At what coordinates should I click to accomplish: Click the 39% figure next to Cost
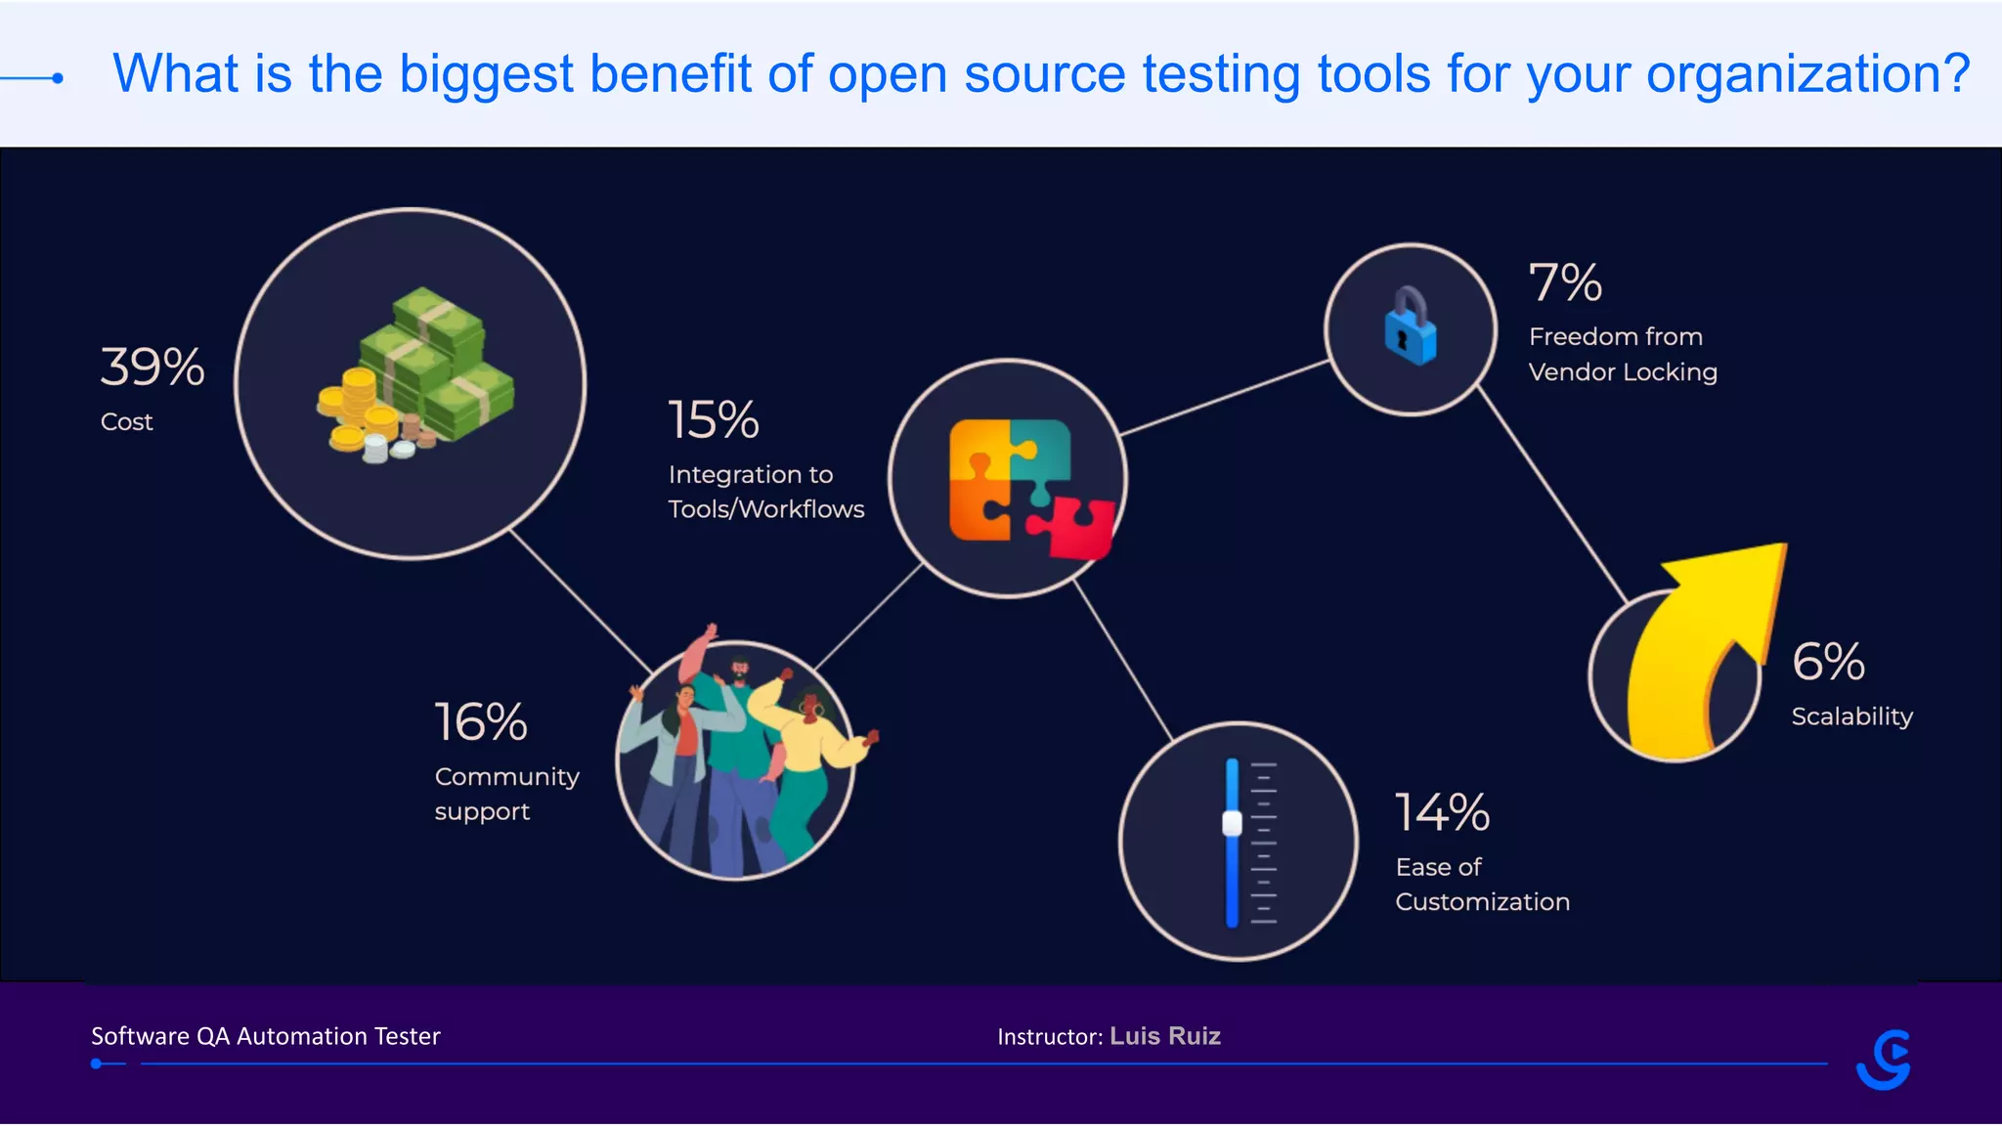(x=152, y=368)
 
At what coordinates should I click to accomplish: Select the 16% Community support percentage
(x=481, y=722)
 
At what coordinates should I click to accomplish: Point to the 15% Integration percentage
(x=714, y=420)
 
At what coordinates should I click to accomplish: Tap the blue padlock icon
(x=1410, y=326)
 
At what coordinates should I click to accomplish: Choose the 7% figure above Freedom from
(x=1565, y=282)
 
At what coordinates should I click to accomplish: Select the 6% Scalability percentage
(x=1828, y=662)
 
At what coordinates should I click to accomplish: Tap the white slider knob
(x=1232, y=824)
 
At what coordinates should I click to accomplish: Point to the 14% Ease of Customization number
(x=1442, y=813)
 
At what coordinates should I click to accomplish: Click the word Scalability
(x=1851, y=716)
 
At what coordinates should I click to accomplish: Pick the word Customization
(x=1482, y=901)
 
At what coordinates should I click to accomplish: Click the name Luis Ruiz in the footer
(x=1165, y=1036)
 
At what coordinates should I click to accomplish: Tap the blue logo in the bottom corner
(x=1884, y=1060)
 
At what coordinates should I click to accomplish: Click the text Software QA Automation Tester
(x=266, y=1036)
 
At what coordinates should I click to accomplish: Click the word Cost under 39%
(x=127, y=422)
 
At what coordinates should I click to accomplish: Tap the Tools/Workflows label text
(x=766, y=509)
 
